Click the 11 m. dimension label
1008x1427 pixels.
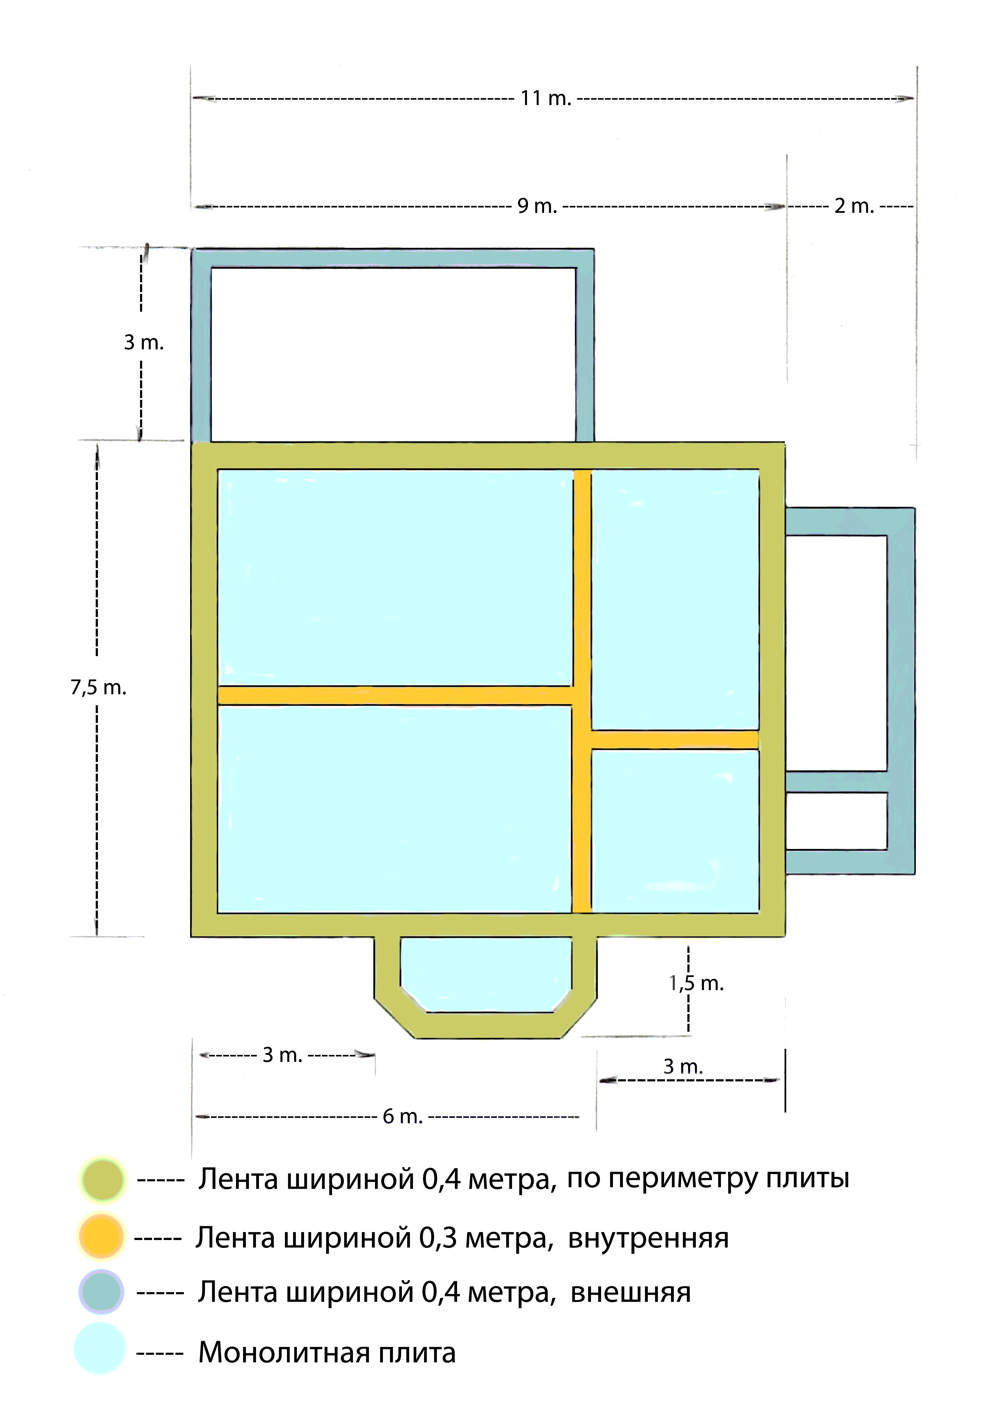[x=545, y=98]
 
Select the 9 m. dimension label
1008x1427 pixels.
[x=537, y=206]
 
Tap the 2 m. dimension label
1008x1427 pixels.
[x=854, y=206]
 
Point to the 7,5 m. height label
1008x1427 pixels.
[x=98, y=687]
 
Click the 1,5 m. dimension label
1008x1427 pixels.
[x=696, y=983]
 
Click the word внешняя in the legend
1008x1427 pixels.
[x=630, y=1293]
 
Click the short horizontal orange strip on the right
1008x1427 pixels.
[x=674, y=740]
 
